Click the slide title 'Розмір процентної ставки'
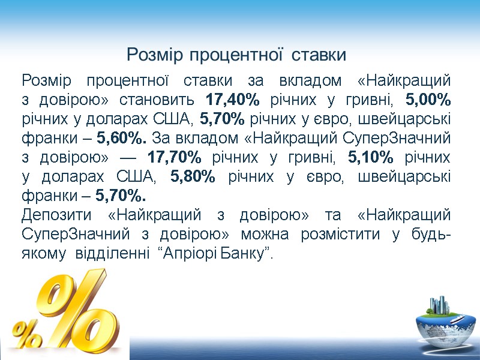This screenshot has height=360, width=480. click(x=236, y=56)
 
